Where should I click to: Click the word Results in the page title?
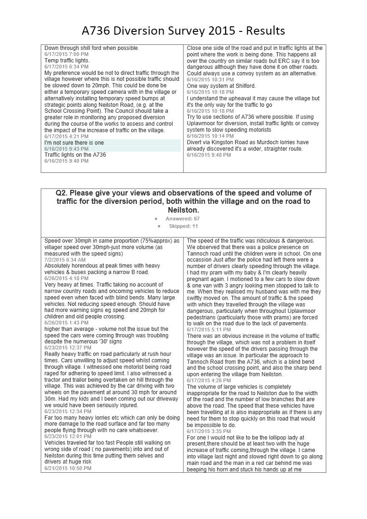(265, 31)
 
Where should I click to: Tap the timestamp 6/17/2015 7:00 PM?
(67, 54)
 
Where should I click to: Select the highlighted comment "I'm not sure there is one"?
(74, 143)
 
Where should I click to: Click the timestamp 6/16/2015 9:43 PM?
(67, 149)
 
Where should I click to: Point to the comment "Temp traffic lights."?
(67, 61)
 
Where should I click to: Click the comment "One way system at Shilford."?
(221, 86)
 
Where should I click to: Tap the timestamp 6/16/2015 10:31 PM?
(210, 79)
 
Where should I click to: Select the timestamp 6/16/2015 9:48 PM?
(209, 155)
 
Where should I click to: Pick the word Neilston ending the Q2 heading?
(183, 210)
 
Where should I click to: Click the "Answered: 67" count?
(183, 219)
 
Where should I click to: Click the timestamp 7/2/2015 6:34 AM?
(65, 260)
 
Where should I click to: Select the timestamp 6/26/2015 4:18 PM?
(67, 279)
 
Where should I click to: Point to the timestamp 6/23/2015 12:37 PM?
(68, 348)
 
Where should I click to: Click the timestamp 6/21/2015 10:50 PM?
(68, 468)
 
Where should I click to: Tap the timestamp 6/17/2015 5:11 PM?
(209, 330)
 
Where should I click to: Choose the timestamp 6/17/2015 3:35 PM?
(209, 431)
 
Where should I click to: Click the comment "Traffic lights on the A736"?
(75, 155)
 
